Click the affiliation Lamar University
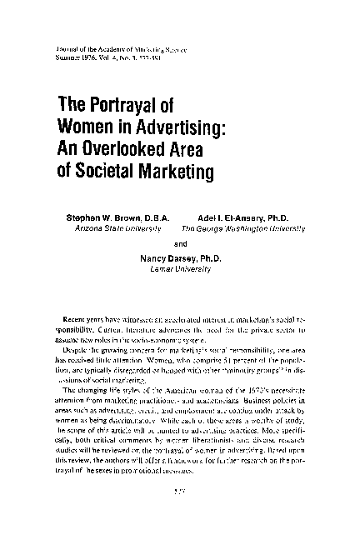coord(181,270)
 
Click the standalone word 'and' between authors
coord(181,243)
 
